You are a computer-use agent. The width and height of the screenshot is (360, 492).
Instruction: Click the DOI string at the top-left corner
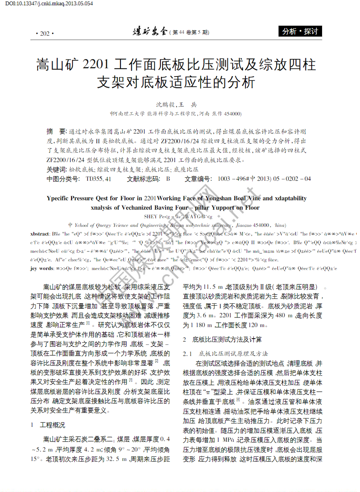[x=49, y=3]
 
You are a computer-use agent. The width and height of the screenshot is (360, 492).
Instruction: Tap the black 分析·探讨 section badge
[x=300, y=31]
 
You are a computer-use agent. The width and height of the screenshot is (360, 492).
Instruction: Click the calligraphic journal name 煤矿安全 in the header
[x=150, y=32]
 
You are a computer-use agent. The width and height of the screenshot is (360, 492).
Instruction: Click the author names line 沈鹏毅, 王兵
[x=176, y=105]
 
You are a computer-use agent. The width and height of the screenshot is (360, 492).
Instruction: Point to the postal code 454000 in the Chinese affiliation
[x=232, y=114]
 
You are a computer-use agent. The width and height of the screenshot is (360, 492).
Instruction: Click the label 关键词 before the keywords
[x=56, y=169]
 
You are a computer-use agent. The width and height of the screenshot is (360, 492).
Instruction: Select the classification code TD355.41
[x=98, y=179]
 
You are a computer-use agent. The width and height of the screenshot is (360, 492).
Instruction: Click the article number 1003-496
[x=232, y=179]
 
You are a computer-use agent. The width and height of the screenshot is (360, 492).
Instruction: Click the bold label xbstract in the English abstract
[x=40, y=234]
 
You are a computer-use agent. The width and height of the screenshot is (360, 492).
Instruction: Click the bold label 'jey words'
[x=42, y=269]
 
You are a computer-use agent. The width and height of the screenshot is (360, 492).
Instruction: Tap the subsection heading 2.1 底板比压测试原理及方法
[x=225, y=353]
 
